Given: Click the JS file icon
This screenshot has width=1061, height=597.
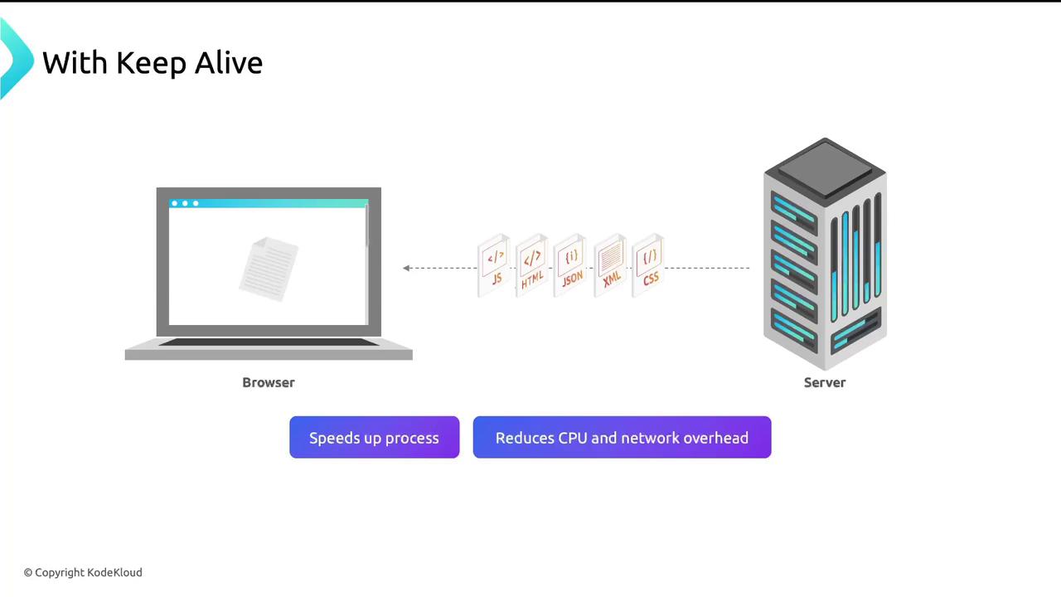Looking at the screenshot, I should coord(494,265).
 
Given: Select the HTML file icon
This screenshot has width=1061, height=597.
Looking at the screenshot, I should coord(532,265).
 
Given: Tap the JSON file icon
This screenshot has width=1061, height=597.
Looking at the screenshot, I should coord(570,265).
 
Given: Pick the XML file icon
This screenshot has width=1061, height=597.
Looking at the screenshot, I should coord(611,265).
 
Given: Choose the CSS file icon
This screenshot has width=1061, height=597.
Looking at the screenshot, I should coord(649,265).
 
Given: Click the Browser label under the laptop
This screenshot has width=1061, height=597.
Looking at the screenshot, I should coord(269,382).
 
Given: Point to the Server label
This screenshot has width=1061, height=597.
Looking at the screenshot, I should coord(825,382).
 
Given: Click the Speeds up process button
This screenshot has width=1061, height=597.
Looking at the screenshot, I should coord(374,438).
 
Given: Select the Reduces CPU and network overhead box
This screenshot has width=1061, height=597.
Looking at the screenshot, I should coord(622,438).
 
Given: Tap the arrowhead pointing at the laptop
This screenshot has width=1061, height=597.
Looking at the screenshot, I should coord(406,268).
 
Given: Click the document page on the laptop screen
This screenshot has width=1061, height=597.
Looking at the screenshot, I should coord(269,269).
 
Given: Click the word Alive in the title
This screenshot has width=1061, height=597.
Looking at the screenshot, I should coord(229,63).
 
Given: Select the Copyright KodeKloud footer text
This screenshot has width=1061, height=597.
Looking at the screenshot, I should coord(83,572).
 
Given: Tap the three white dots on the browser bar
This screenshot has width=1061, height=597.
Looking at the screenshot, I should coord(185,203).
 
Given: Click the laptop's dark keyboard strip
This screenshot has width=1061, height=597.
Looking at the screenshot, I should coord(269,342).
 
